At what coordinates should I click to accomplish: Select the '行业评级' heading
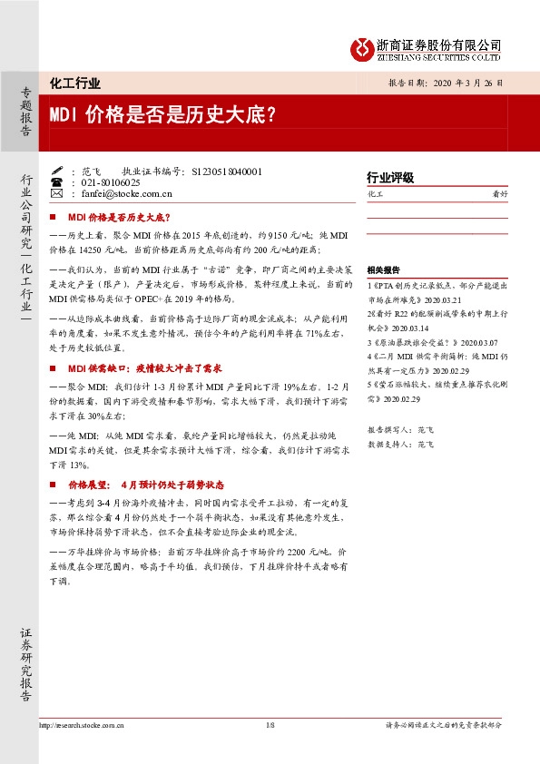tap(390, 178)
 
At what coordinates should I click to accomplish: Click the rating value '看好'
tap(498, 194)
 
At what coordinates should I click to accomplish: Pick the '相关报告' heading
tap(383, 271)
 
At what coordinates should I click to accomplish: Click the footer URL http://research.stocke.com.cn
tap(82, 725)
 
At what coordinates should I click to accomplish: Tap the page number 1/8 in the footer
tap(270, 725)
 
